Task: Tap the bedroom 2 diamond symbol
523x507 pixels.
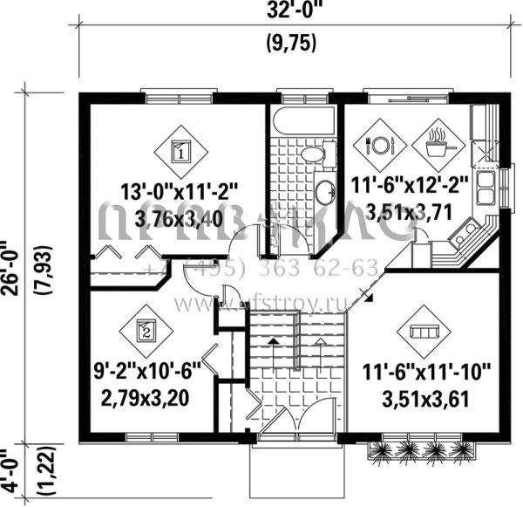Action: pos(146,330)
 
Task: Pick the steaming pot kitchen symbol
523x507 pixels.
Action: pos(436,142)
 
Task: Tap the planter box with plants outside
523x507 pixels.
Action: pos(421,450)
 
